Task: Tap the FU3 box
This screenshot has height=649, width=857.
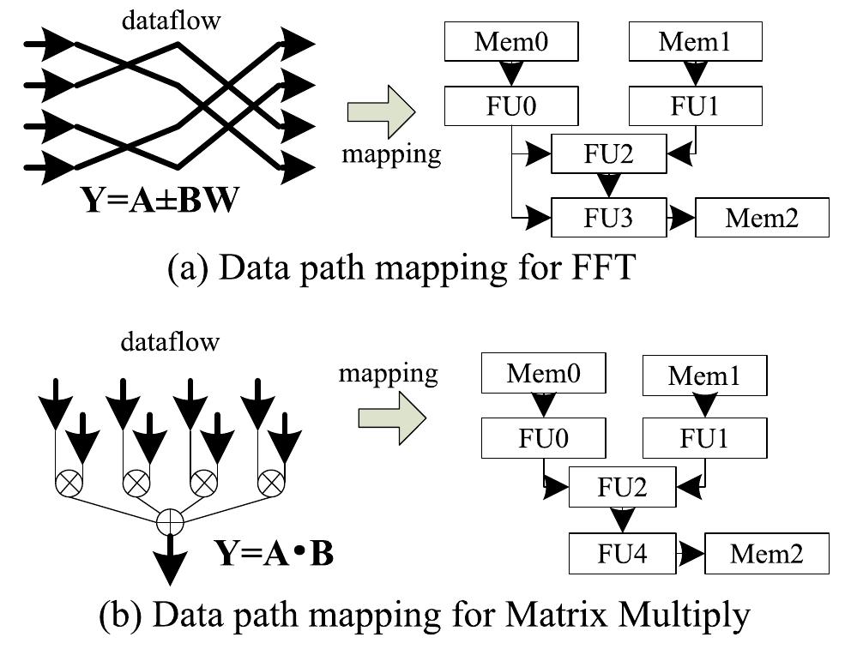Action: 609,218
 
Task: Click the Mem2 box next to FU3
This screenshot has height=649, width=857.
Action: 762,218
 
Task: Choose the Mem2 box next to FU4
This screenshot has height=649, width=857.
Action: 767,554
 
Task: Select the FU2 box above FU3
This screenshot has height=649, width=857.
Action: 609,154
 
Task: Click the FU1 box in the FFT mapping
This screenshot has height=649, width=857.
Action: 695,107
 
